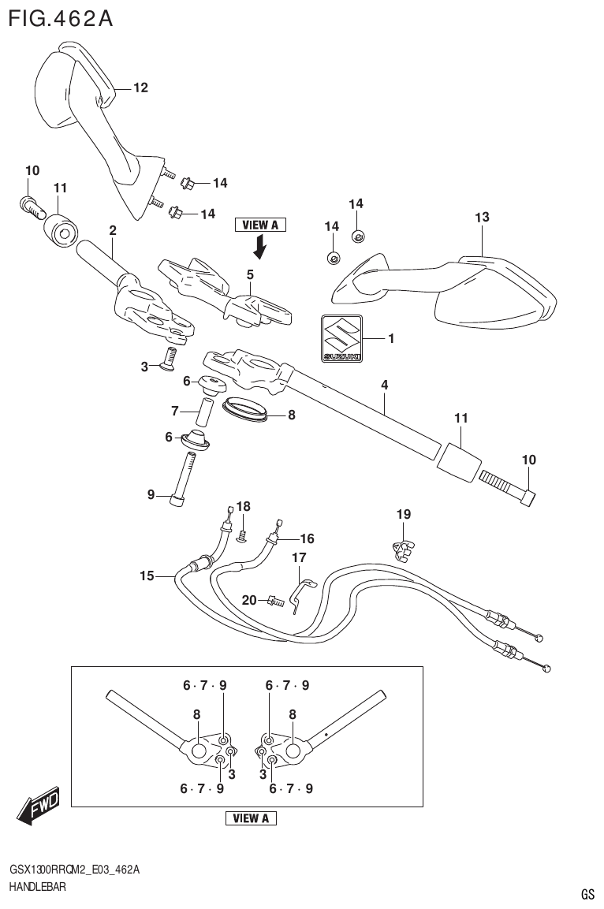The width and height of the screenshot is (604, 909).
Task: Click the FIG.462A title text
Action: (60, 17)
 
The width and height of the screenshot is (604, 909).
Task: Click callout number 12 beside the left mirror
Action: (140, 88)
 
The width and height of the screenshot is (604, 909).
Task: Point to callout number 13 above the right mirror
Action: (482, 218)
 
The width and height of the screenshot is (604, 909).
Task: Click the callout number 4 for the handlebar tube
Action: (384, 385)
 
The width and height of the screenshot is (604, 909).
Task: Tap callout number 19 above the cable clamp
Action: (403, 515)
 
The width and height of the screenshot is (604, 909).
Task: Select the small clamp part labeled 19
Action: (403, 545)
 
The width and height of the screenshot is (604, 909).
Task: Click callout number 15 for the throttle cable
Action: (147, 576)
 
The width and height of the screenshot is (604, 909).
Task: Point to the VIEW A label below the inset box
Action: (251, 818)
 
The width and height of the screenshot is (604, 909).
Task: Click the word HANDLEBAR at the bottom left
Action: (37, 887)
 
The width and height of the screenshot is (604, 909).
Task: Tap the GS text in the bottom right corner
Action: (587, 894)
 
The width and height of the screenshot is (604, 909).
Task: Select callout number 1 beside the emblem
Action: (391, 339)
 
